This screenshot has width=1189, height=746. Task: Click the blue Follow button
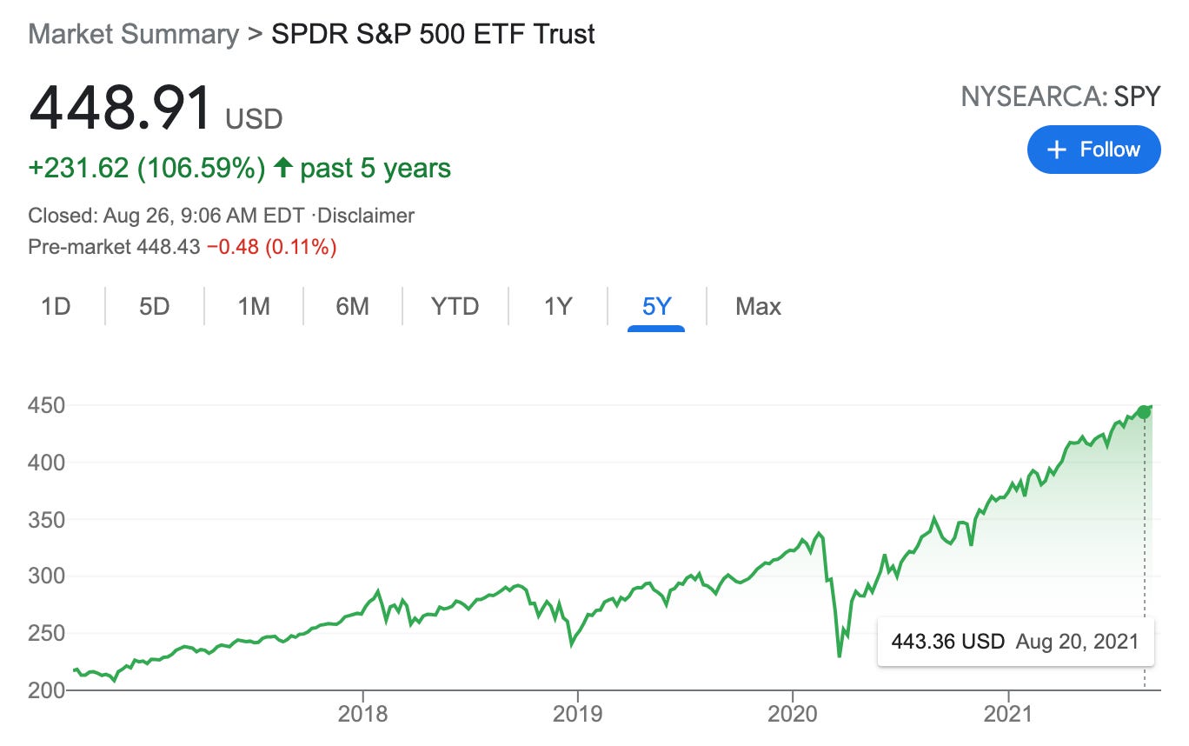(1093, 150)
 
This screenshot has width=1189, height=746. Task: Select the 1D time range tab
(56, 306)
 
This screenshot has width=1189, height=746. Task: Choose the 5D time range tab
(155, 306)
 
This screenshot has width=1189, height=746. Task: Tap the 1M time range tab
(254, 306)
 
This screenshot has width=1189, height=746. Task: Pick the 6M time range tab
(352, 306)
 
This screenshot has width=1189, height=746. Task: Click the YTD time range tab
(455, 306)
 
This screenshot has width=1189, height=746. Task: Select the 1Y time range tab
(558, 306)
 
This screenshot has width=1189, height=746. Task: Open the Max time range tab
(758, 306)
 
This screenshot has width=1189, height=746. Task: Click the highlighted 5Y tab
(657, 306)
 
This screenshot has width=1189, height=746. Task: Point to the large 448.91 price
(120, 109)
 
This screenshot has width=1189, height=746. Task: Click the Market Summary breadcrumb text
(133, 34)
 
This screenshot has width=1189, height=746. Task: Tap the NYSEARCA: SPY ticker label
(1060, 97)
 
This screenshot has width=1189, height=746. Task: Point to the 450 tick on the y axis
(47, 405)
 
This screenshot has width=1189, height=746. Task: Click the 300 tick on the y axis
(47, 576)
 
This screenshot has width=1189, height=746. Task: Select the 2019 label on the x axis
(577, 714)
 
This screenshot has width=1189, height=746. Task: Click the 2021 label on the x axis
(1007, 714)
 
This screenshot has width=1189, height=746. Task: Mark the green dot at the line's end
(1144, 412)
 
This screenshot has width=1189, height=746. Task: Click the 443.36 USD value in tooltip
(947, 642)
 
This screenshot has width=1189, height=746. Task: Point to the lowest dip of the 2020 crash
(839, 656)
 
